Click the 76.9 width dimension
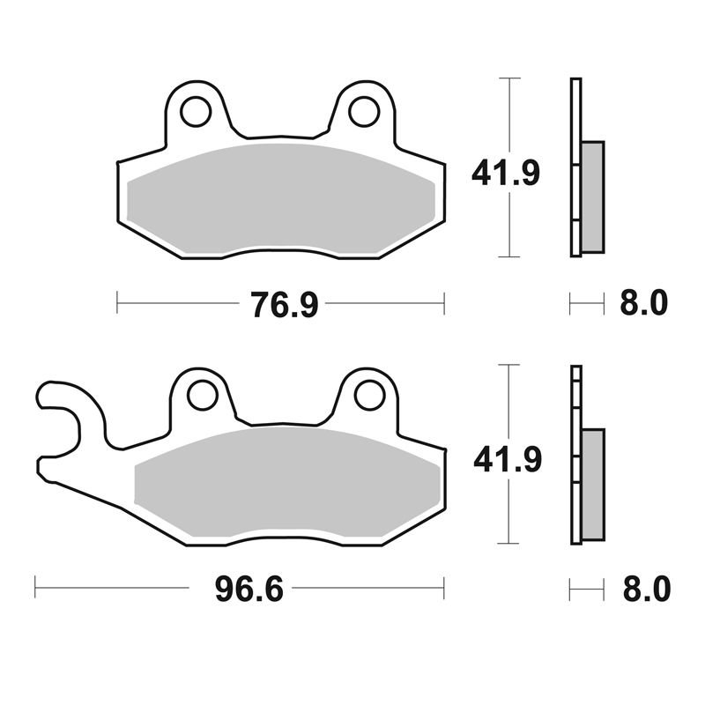click(x=285, y=304)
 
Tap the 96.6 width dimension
click(x=249, y=589)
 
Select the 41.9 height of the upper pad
click(x=505, y=173)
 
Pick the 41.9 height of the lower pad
click(x=508, y=459)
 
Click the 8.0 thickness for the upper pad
click(x=644, y=303)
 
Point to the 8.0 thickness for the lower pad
click(x=647, y=589)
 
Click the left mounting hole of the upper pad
click(x=196, y=111)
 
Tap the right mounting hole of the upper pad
click(x=365, y=111)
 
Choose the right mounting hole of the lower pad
click(x=369, y=396)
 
